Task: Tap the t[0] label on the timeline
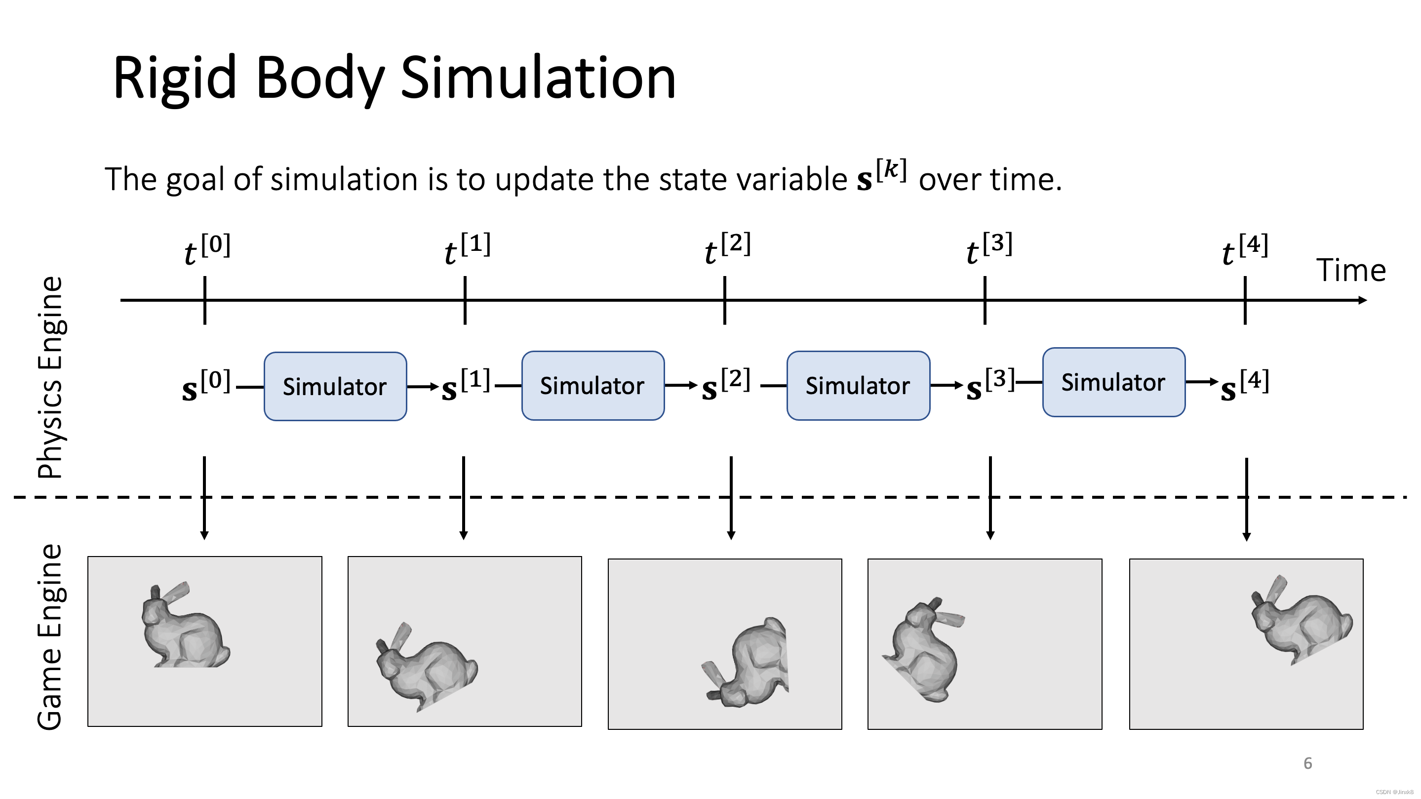(x=207, y=249)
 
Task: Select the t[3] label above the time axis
(x=989, y=249)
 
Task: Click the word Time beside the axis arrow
(x=1351, y=271)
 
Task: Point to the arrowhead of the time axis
(x=1363, y=300)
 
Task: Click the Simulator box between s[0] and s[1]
(x=335, y=386)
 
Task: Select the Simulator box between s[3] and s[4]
(x=1113, y=382)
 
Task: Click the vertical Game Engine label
(x=50, y=638)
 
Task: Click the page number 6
(x=1307, y=763)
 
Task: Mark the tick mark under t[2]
(x=724, y=300)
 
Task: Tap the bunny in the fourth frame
(x=924, y=651)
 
